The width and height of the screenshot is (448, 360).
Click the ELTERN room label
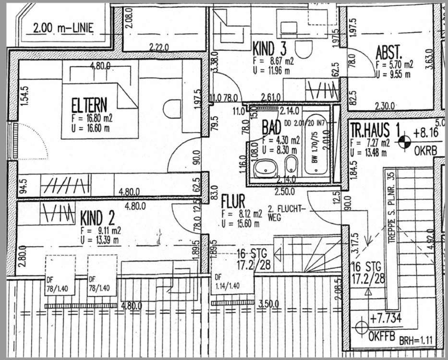pyautogui.click(x=89, y=105)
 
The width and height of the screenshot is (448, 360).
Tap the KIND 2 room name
pyautogui.click(x=97, y=218)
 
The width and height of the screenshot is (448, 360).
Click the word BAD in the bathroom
pyautogui.click(x=271, y=128)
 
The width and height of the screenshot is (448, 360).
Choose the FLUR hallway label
pyautogui.click(x=233, y=200)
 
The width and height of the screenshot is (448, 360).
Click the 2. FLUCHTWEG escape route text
pyautogui.click(x=286, y=213)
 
